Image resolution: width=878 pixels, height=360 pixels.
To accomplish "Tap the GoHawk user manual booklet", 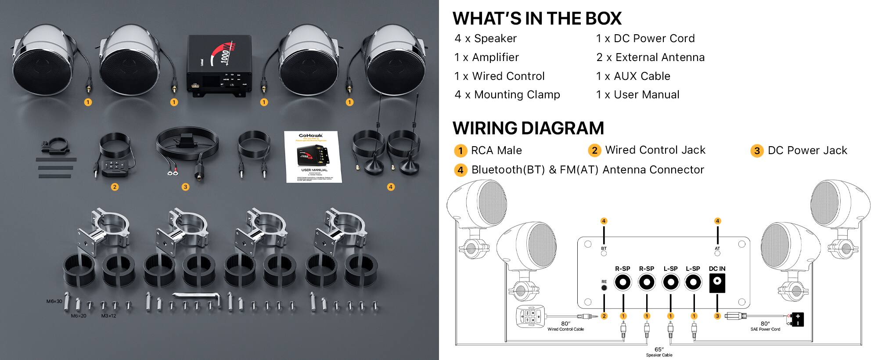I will [x=312, y=156].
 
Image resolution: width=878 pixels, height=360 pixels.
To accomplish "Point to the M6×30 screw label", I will [x=54, y=302].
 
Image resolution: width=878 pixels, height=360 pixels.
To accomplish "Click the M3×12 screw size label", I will [x=108, y=316].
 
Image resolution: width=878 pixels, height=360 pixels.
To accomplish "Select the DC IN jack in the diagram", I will [x=717, y=283].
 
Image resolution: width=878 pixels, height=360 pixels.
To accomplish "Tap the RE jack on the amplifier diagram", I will [x=604, y=288].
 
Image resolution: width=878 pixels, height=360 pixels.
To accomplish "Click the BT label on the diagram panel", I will [x=604, y=248].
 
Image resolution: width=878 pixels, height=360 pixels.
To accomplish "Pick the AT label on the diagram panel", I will [x=717, y=248].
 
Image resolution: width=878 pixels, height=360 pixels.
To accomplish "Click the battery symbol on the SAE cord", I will [x=797, y=319].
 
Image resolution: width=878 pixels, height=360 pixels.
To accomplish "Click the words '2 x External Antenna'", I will [x=650, y=58].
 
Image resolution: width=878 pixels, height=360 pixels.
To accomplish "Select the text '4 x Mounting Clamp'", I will [x=507, y=95].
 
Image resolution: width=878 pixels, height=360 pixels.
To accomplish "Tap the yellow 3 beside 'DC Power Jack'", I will [x=757, y=151].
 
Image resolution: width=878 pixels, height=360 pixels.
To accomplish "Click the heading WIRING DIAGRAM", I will [x=528, y=128].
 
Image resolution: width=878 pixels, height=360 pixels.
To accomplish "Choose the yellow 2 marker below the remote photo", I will [x=115, y=187].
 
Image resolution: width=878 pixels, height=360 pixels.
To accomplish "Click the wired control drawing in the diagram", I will [x=531, y=316].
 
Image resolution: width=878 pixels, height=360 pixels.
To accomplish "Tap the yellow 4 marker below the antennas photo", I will [x=391, y=187].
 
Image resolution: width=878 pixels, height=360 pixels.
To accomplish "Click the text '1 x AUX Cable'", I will [x=633, y=76].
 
